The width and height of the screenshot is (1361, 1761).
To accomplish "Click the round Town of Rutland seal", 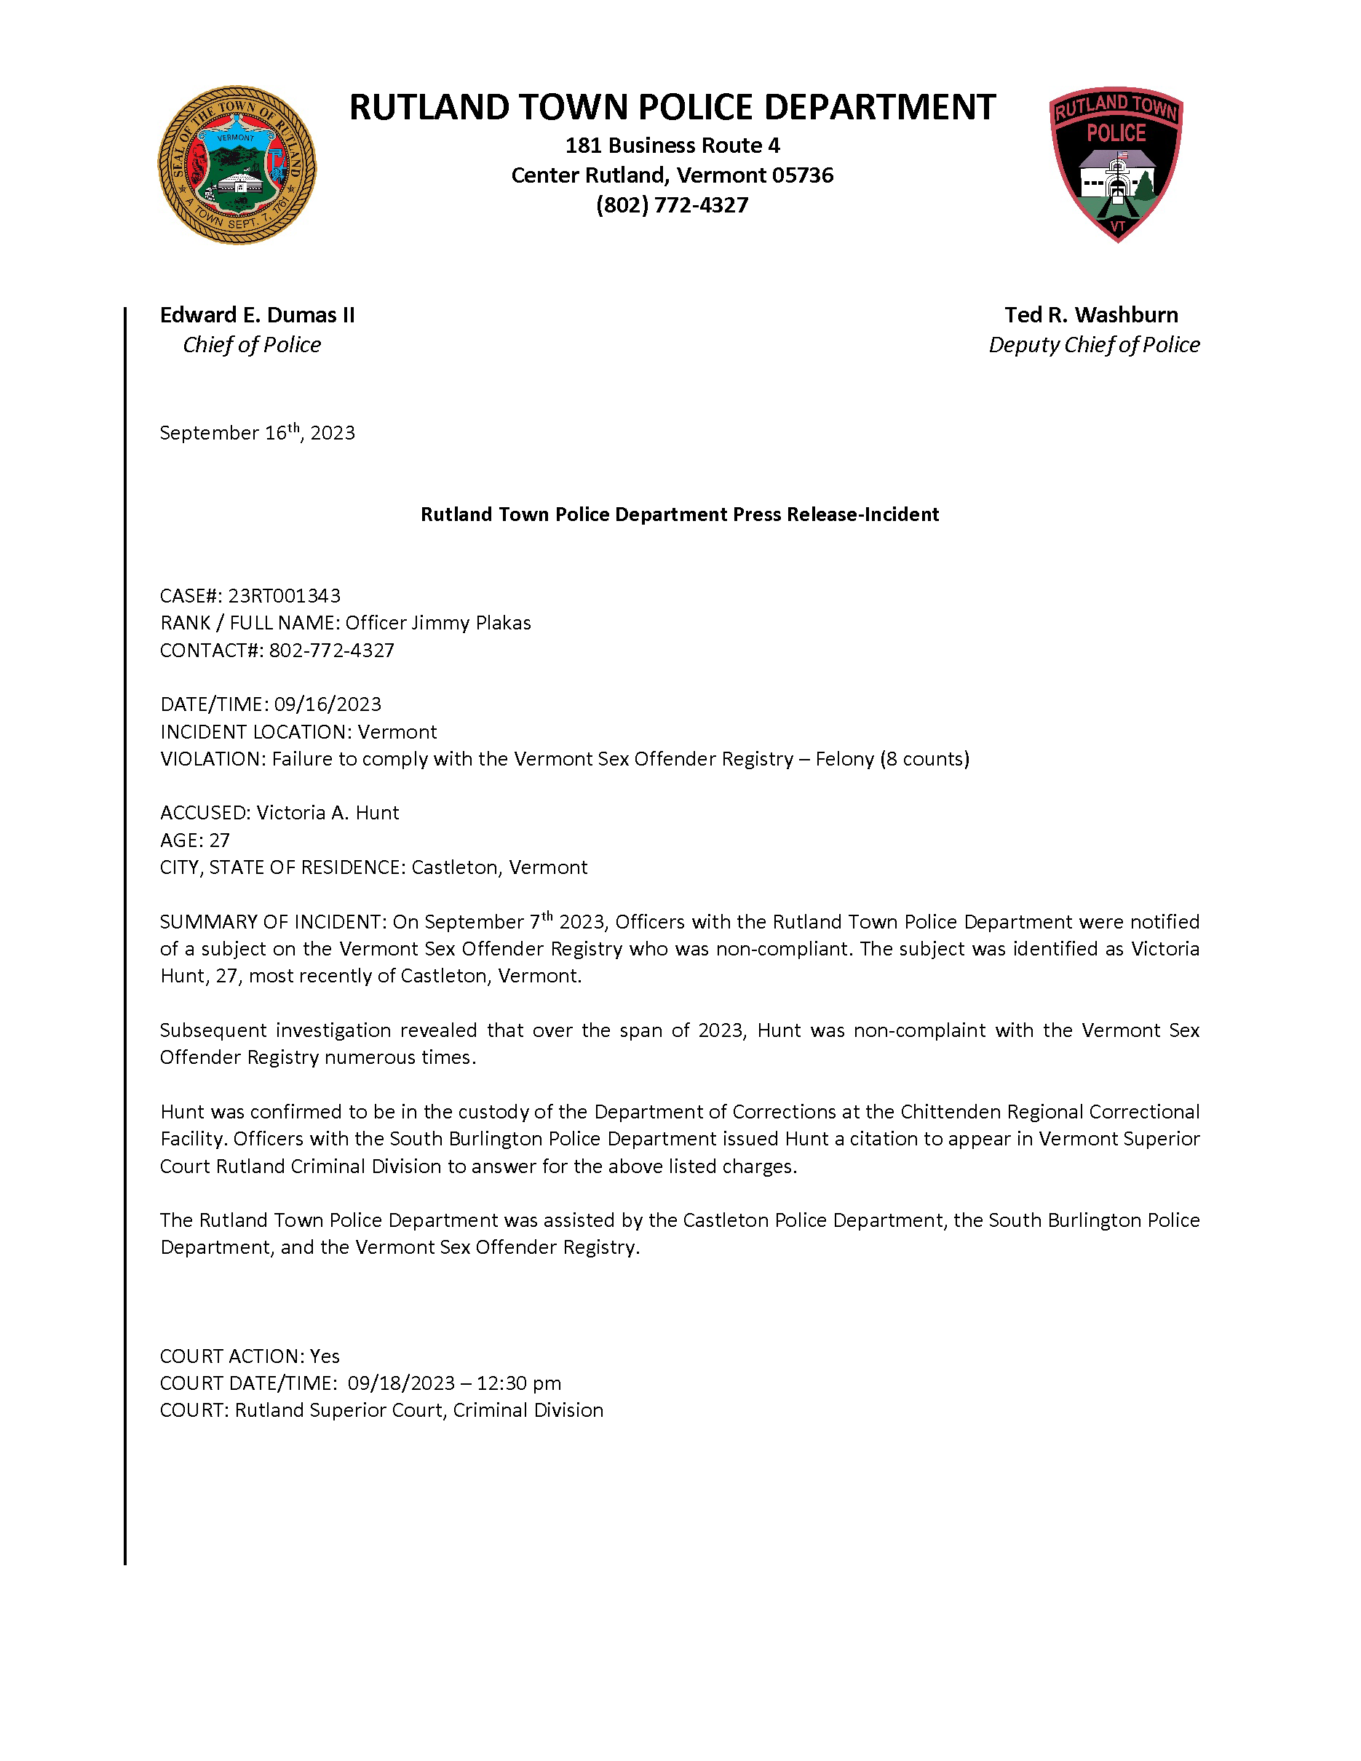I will click(237, 165).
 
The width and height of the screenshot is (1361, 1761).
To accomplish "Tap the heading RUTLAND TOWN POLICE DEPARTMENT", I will click(672, 107).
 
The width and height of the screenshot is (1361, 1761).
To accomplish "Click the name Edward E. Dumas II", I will click(257, 315).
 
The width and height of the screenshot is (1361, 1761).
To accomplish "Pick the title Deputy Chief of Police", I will click(1094, 345).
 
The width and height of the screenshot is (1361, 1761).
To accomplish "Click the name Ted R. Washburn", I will click(1091, 315).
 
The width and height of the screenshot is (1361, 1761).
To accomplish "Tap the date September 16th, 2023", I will click(257, 433).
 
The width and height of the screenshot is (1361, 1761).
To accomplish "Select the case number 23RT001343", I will click(284, 596).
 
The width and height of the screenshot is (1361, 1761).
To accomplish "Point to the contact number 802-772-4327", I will click(331, 651).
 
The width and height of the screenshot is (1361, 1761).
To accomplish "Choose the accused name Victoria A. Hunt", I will click(328, 813).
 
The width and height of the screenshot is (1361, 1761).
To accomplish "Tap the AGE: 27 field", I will click(195, 840).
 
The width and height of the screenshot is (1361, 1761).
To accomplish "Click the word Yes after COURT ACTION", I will click(325, 1356).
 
